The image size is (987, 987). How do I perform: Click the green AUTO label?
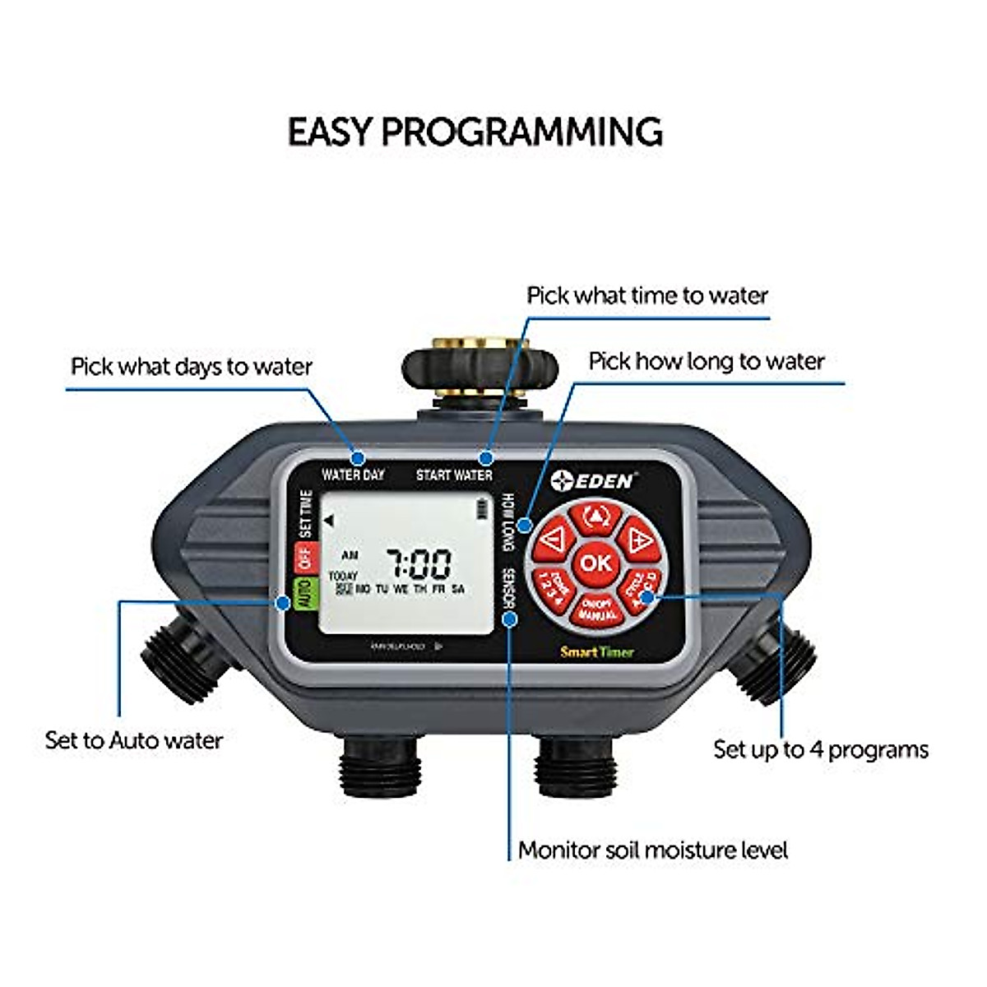pos(304,592)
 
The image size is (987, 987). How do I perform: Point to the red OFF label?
pos(306,558)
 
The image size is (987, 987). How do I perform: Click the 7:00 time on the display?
pos(419,565)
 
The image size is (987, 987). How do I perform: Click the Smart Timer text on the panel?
pos(596,652)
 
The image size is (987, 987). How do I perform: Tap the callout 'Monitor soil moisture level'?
pos(652,850)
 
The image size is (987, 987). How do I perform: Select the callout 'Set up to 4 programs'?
pos(820,749)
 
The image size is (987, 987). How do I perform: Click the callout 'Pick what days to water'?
pos(192,366)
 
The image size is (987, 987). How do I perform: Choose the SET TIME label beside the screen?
pos(306,513)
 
